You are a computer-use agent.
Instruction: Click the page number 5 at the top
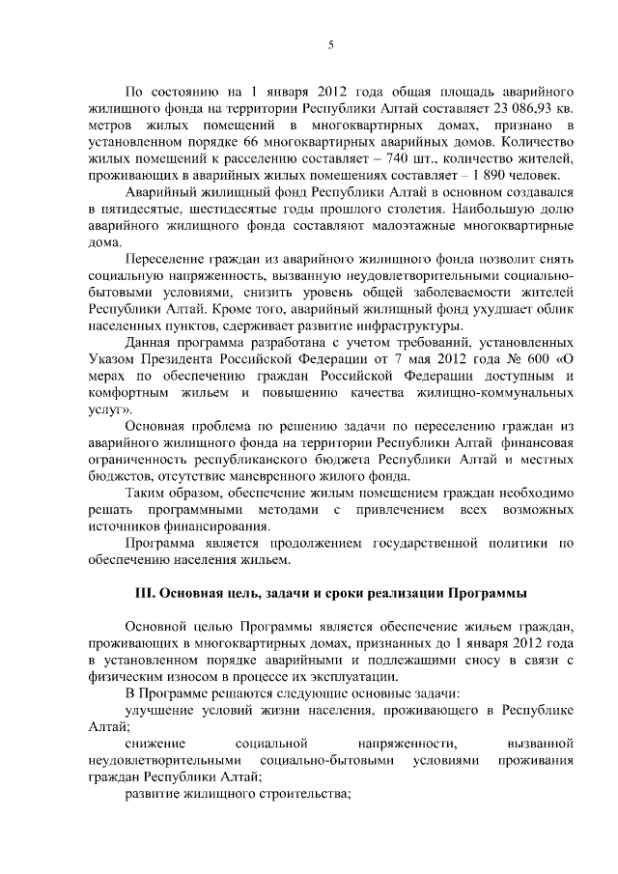pyautogui.click(x=330, y=44)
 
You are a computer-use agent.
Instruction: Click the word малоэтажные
pyautogui.click(x=405, y=224)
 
